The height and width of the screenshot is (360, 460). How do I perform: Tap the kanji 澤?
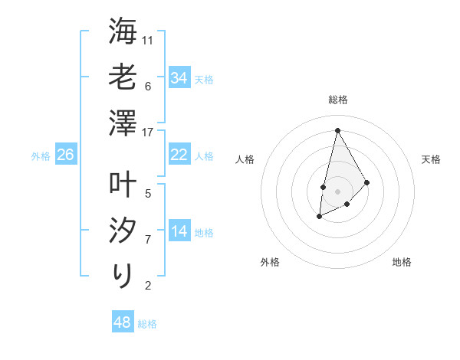pyautogui.click(x=123, y=123)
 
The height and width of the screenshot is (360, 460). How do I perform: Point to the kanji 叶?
pyautogui.click(x=123, y=184)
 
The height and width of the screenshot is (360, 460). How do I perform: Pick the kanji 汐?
pyautogui.click(x=123, y=230)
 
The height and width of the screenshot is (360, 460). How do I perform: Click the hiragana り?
pyautogui.click(x=123, y=274)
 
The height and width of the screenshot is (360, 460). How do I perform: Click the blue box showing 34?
pyautogui.click(x=179, y=78)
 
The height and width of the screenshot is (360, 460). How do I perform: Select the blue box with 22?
pyautogui.click(x=179, y=155)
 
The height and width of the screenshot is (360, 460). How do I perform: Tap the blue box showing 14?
pyautogui.click(x=179, y=231)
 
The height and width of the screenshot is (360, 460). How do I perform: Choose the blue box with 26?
pyautogui.click(x=66, y=155)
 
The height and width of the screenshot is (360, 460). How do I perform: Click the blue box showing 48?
pyautogui.click(x=123, y=322)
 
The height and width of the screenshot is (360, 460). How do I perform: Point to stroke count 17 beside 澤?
pyautogui.click(x=148, y=132)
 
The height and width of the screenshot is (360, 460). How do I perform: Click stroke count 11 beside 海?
pyautogui.click(x=148, y=40)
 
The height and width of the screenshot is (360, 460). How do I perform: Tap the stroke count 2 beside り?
pyautogui.click(x=148, y=286)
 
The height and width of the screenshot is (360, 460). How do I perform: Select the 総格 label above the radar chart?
pyautogui.click(x=337, y=100)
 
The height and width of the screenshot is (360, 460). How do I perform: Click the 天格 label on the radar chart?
pyautogui.click(x=431, y=159)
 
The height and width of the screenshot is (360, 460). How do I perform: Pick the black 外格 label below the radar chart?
pyautogui.click(x=270, y=262)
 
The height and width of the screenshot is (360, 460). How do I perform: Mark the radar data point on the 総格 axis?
pyautogui.click(x=337, y=130)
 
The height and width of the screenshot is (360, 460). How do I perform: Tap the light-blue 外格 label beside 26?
pyautogui.click(x=41, y=156)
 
